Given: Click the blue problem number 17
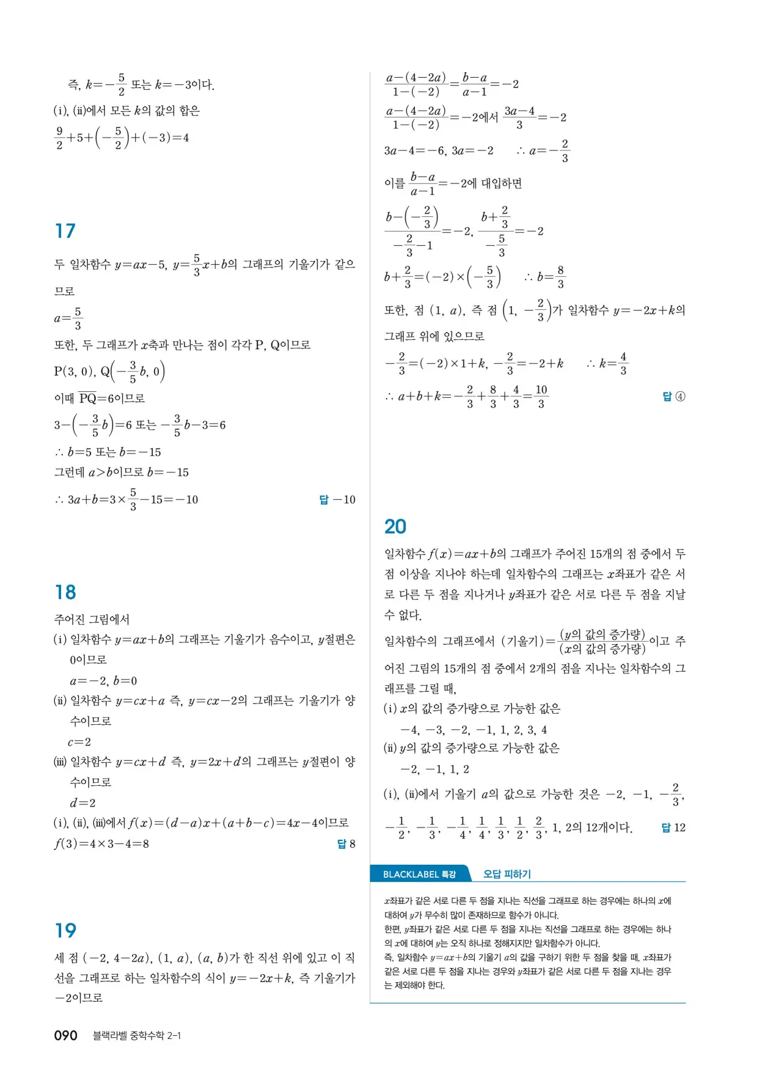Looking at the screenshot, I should [x=65, y=231].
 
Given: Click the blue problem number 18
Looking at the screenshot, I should [x=65, y=592].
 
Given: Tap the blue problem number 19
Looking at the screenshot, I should [x=65, y=931].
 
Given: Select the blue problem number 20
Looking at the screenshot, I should [x=395, y=527].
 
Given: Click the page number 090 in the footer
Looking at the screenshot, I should [x=66, y=1035].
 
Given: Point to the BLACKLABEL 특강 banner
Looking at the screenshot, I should [x=420, y=875].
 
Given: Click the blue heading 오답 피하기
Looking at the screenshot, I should [x=507, y=875].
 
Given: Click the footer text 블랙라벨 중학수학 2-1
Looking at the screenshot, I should [x=136, y=1035].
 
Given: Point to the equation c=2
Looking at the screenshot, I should [x=79, y=742].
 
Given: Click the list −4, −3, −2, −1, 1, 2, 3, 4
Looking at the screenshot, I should [x=474, y=730].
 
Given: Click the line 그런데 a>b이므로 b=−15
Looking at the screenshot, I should [x=122, y=472].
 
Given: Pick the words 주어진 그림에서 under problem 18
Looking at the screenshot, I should [x=92, y=620].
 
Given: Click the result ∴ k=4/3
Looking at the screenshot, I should [x=607, y=364].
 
